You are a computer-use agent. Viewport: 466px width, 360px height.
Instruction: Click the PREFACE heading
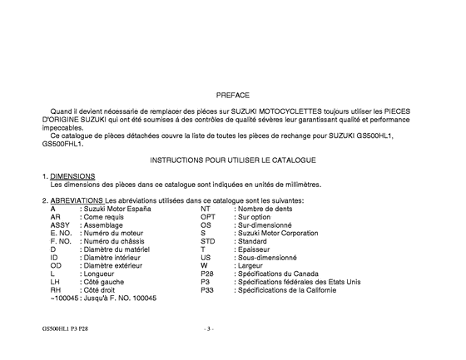(232, 96)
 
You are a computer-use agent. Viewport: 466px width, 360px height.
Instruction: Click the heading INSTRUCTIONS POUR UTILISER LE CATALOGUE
(232, 159)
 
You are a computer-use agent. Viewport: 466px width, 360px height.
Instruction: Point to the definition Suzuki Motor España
(116, 209)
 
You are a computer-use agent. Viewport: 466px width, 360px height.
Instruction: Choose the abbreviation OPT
(208, 216)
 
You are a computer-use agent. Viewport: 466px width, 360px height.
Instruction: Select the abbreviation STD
(207, 241)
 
